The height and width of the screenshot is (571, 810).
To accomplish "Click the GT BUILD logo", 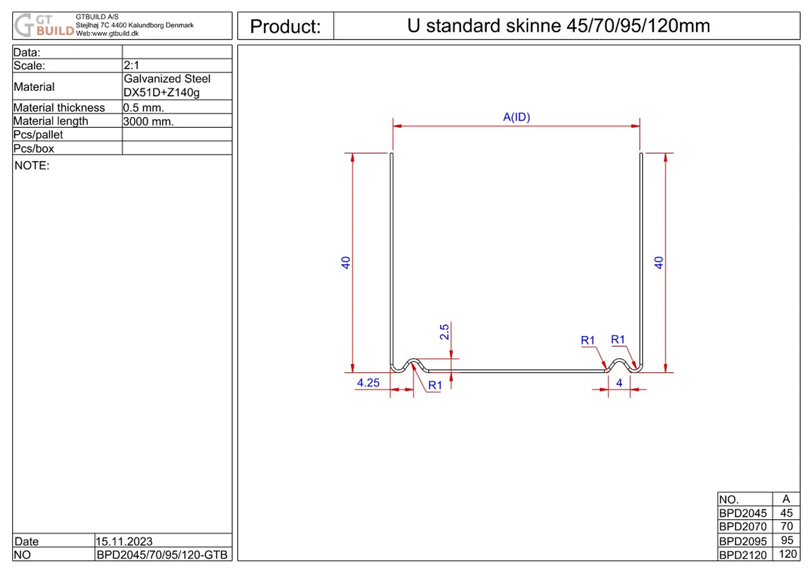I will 44,26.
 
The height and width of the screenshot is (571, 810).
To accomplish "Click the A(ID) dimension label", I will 516,117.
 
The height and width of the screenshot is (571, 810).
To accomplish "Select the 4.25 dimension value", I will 368,383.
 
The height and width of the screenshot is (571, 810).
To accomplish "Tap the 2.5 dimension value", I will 444,332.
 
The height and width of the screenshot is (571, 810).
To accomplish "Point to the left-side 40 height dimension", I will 345,263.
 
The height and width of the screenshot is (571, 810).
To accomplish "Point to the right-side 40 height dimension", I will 659,263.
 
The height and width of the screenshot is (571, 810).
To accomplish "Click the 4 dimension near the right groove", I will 619,383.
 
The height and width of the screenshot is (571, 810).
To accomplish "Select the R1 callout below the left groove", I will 435,385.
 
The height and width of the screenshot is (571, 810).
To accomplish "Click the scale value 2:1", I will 132,65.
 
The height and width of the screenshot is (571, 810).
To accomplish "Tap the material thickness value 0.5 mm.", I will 144,107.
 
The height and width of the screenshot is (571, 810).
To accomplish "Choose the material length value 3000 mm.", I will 148,121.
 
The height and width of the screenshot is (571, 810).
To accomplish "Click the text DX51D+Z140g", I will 161,92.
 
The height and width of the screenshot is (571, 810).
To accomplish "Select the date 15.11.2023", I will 124,541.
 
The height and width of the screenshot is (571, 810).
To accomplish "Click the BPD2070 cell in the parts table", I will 743,526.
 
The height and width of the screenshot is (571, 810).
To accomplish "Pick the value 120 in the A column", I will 787,554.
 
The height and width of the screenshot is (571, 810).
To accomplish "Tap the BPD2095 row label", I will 743,541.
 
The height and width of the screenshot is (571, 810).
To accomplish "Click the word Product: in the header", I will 285,27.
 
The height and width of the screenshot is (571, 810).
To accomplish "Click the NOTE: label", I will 32,165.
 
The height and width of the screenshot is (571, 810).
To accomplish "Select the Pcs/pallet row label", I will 38,135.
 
